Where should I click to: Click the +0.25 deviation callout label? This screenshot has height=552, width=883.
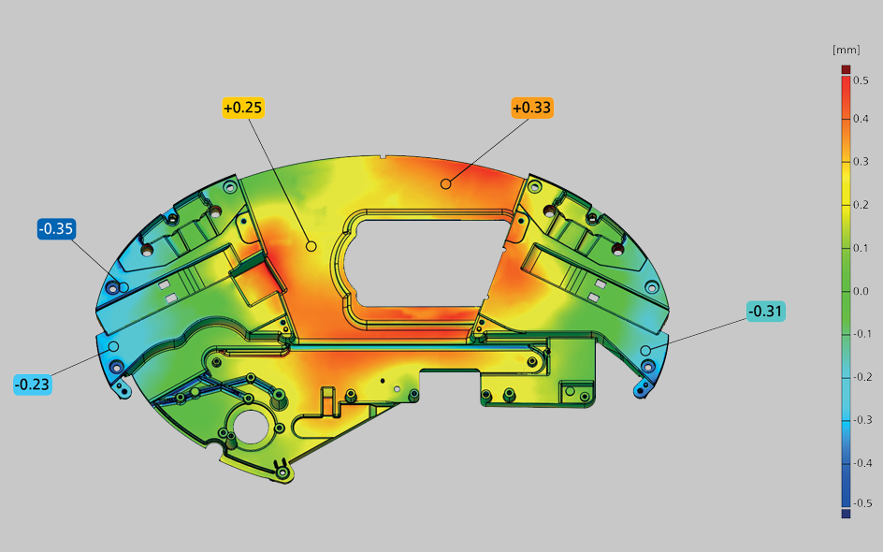(x=242, y=108)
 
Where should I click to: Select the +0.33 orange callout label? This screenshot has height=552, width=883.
(x=532, y=108)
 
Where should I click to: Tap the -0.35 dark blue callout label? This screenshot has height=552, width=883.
(x=56, y=228)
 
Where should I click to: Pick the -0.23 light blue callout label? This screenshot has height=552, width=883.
(x=33, y=385)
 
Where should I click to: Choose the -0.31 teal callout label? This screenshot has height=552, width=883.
(x=766, y=311)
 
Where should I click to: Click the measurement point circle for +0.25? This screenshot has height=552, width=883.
(x=311, y=246)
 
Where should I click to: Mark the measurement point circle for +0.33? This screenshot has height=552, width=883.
(x=445, y=183)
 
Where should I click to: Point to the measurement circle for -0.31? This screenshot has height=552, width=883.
(x=646, y=351)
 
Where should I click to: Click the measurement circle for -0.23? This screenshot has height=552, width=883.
(x=113, y=346)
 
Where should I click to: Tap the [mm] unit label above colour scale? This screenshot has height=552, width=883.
(x=846, y=51)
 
